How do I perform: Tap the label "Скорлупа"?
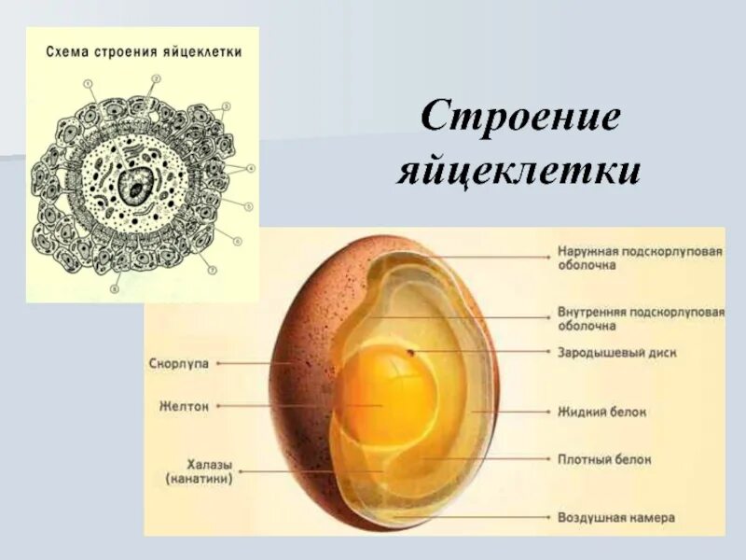coord(178,364)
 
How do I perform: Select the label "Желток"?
coord(184,406)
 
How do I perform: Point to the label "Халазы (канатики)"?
coord(199,471)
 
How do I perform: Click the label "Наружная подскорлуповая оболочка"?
coord(640,259)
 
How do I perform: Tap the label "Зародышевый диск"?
coord(616,353)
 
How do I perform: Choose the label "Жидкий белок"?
coord(601,411)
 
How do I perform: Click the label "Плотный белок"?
coord(604,459)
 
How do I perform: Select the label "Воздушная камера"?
coord(615,516)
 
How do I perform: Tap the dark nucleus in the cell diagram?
coord(138,190)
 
